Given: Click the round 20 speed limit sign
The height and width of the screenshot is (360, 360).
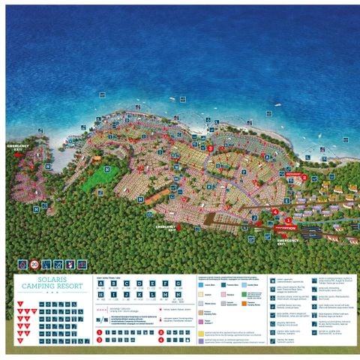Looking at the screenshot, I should tap(34, 265).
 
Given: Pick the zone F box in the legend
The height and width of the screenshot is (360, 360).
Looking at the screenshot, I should tap(164, 283).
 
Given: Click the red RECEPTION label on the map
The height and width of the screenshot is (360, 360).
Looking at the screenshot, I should tap(286, 227).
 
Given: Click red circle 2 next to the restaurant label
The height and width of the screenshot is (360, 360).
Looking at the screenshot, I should tap(305, 177).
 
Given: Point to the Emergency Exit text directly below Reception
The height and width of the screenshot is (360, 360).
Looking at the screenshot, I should tap(288, 242).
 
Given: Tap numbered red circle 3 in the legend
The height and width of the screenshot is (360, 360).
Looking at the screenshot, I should tap(98, 340).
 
